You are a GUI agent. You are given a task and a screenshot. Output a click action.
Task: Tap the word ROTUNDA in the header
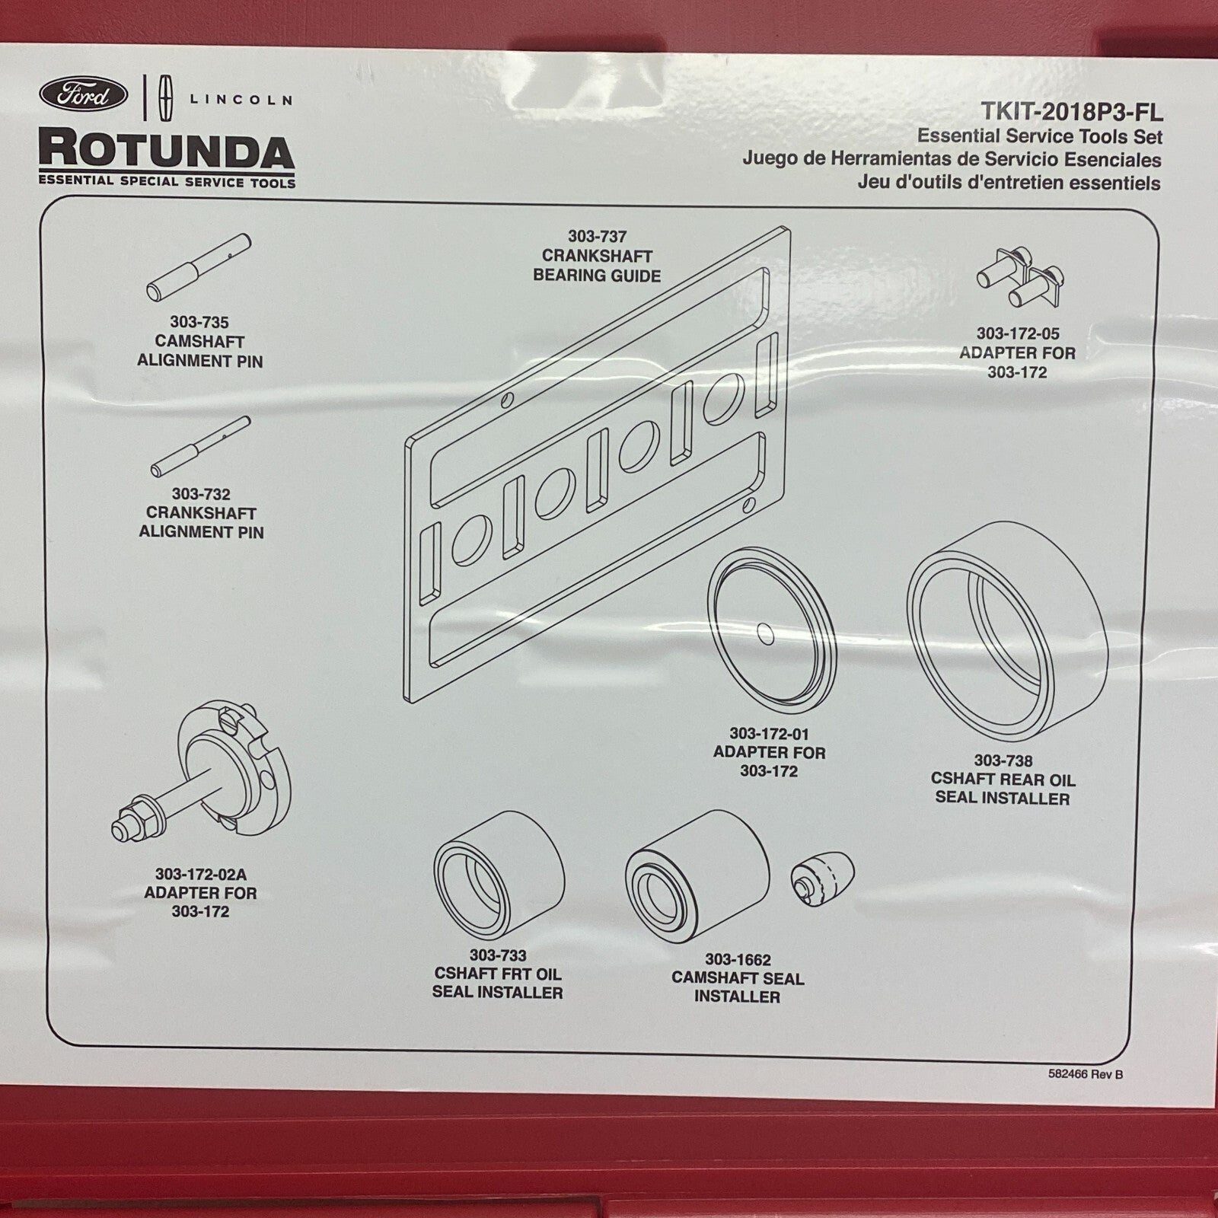click(167, 151)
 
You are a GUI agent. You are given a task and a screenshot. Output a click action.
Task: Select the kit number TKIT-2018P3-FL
click(1071, 113)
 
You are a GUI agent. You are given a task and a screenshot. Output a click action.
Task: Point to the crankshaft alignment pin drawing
click(200, 446)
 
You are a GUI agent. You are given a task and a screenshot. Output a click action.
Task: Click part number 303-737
click(597, 237)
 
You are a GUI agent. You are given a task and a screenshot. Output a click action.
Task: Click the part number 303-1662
click(737, 960)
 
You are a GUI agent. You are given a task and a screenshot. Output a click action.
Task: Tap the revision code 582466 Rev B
click(1085, 1074)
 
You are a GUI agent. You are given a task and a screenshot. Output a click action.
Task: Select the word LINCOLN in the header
click(241, 100)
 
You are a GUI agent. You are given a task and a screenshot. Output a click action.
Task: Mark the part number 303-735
click(199, 322)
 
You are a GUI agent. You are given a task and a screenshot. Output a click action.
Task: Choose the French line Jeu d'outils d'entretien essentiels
click(1009, 183)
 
